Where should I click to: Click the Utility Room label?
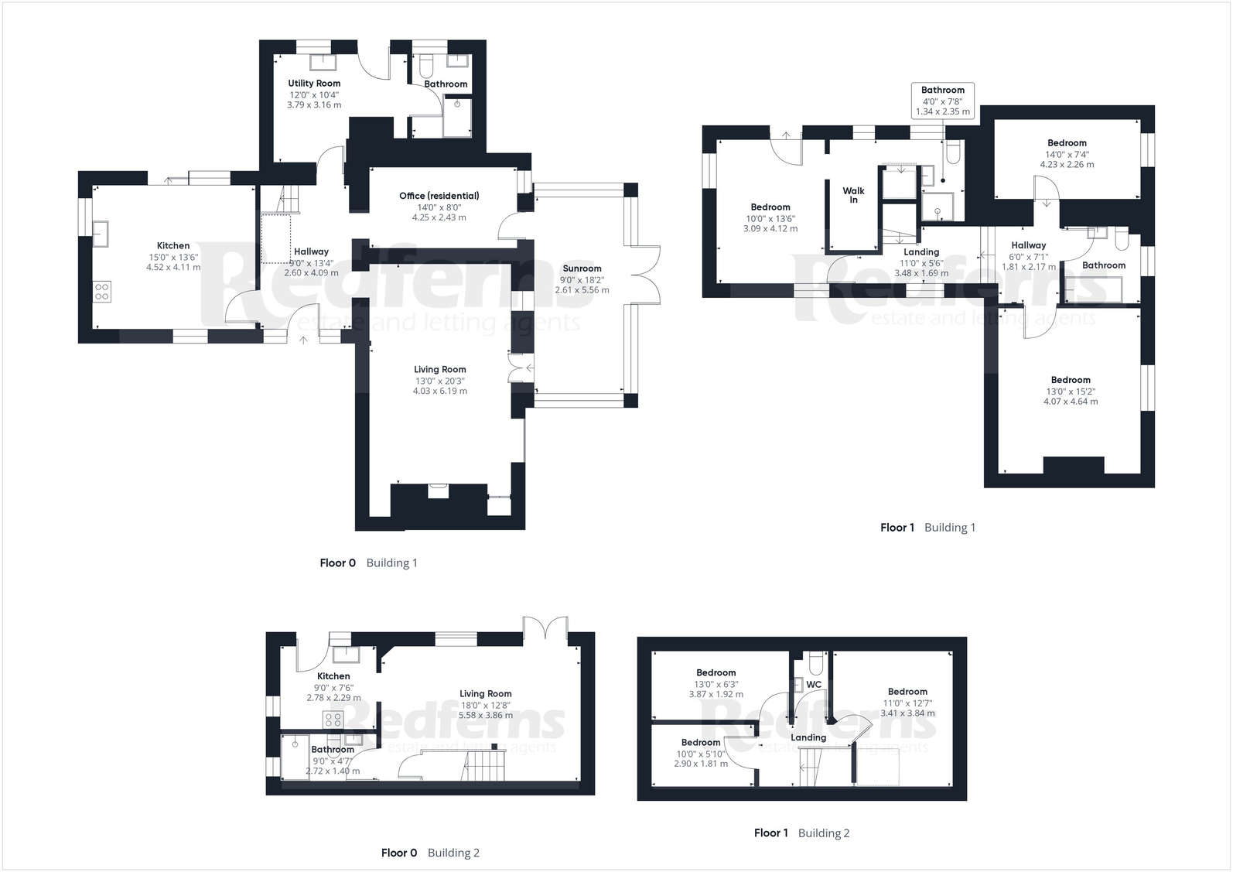(314, 84)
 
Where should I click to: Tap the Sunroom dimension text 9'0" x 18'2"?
(582, 280)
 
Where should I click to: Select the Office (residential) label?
(439, 196)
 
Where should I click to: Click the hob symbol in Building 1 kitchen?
(102, 291)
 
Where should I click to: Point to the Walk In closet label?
(853, 195)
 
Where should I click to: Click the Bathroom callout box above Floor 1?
(942, 101)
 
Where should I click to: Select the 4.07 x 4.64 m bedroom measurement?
(1071, 402)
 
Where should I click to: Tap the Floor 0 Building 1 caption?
(368, 563)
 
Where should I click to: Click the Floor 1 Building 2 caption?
(801, 833)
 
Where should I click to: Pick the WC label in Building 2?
(814, 685)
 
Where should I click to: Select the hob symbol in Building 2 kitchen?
(333, 720)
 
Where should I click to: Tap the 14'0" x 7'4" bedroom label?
(1067, 154)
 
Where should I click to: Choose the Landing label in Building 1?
(921, 252)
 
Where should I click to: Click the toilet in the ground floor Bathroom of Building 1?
(424, 62)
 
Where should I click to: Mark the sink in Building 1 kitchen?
(101, 232)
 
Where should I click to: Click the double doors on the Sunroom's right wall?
(648, 275)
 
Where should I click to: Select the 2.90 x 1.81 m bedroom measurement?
(700, 764)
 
